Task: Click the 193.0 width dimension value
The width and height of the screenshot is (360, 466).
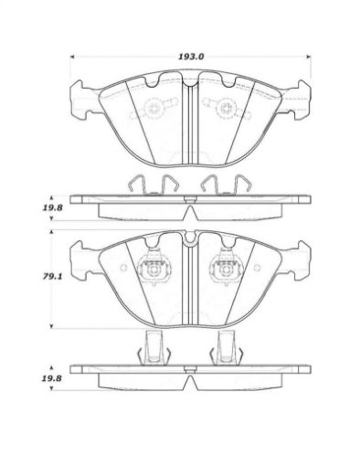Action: (189, 56)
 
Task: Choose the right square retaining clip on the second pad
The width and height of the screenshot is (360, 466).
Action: (222, 271)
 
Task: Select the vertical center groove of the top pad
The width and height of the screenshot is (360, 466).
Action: (187, 119)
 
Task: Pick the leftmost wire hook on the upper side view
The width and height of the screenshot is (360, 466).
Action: (134, 184)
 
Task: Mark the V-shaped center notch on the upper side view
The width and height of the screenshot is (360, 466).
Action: (187, 207)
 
